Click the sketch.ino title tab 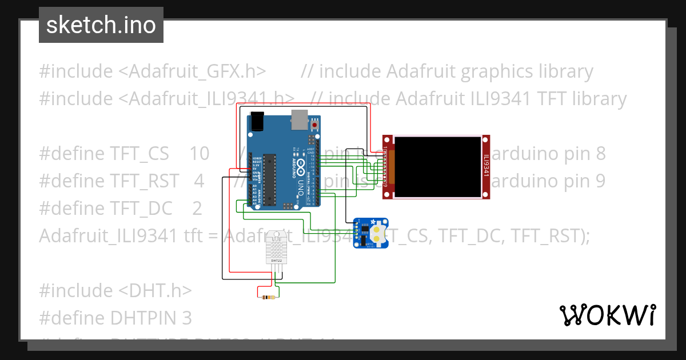[x=101, y=25]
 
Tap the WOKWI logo [x=607, y=314]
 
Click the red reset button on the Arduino [x=314, y=125]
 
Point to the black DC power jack [x=257, y=122]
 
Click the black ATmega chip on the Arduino [x=269, y=179]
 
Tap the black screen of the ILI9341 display [x=438, y=167]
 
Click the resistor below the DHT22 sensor [x=268, y=297]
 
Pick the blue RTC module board [x=370, y=233]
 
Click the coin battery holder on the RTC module [x=378, y=233]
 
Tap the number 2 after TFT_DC [x=197, y=209]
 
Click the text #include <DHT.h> [x=115, y=290]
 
